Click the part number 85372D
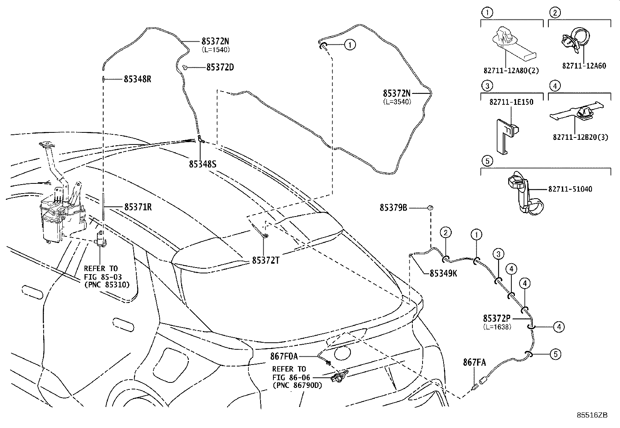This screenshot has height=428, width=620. point(220,67)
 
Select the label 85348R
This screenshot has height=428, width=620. point(137,79)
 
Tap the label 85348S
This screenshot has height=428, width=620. point(203,164)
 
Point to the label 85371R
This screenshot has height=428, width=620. point(138,207)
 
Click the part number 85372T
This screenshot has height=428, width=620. point(266,261)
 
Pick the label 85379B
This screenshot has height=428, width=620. point(393,208)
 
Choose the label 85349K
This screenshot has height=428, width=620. point(444,273)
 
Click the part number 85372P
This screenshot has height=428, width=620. point(497,318)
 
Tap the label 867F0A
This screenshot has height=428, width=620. point(284,356)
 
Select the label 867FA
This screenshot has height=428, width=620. point(474,363)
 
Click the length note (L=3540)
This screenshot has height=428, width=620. point(397,102)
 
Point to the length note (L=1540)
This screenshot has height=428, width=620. point(216,50)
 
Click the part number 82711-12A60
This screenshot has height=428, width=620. point(584,66)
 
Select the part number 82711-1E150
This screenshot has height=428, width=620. point(511,102)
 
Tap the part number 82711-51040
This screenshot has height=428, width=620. point(570,189)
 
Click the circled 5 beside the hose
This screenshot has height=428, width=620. point(555,354)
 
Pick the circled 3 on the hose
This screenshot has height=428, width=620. point(498,254)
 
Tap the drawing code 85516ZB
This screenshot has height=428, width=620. point(592,415)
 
